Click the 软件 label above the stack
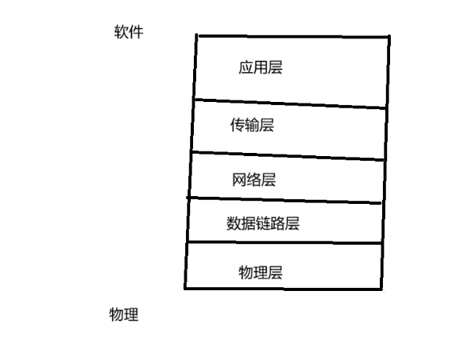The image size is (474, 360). [x=129, y=32]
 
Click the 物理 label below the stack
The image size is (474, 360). [x=124, y=315]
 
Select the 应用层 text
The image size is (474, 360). [x=260, y=67]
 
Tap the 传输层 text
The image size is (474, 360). [x=252, y=125]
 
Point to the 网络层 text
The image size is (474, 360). [x=254, y=180]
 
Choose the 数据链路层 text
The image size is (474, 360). [x=263, y=224]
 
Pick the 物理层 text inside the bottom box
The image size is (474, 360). [x=260, y=272]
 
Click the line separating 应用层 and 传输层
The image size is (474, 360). [x=290, y=104]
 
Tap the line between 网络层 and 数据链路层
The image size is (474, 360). [x=286, y=200]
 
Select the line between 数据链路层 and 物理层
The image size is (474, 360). [x=285, y=244]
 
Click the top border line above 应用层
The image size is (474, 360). [x=293, y=35]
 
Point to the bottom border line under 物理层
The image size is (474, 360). [x=283, y=289]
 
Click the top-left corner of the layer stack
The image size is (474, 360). [x=197, y=35]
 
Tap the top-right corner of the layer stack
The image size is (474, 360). [x=388, y=36]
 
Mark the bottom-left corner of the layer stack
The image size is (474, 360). [x=185, y=288]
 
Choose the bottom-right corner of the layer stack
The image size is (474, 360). [x=381, y=289]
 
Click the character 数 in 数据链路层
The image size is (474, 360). [x=233, y=224]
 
